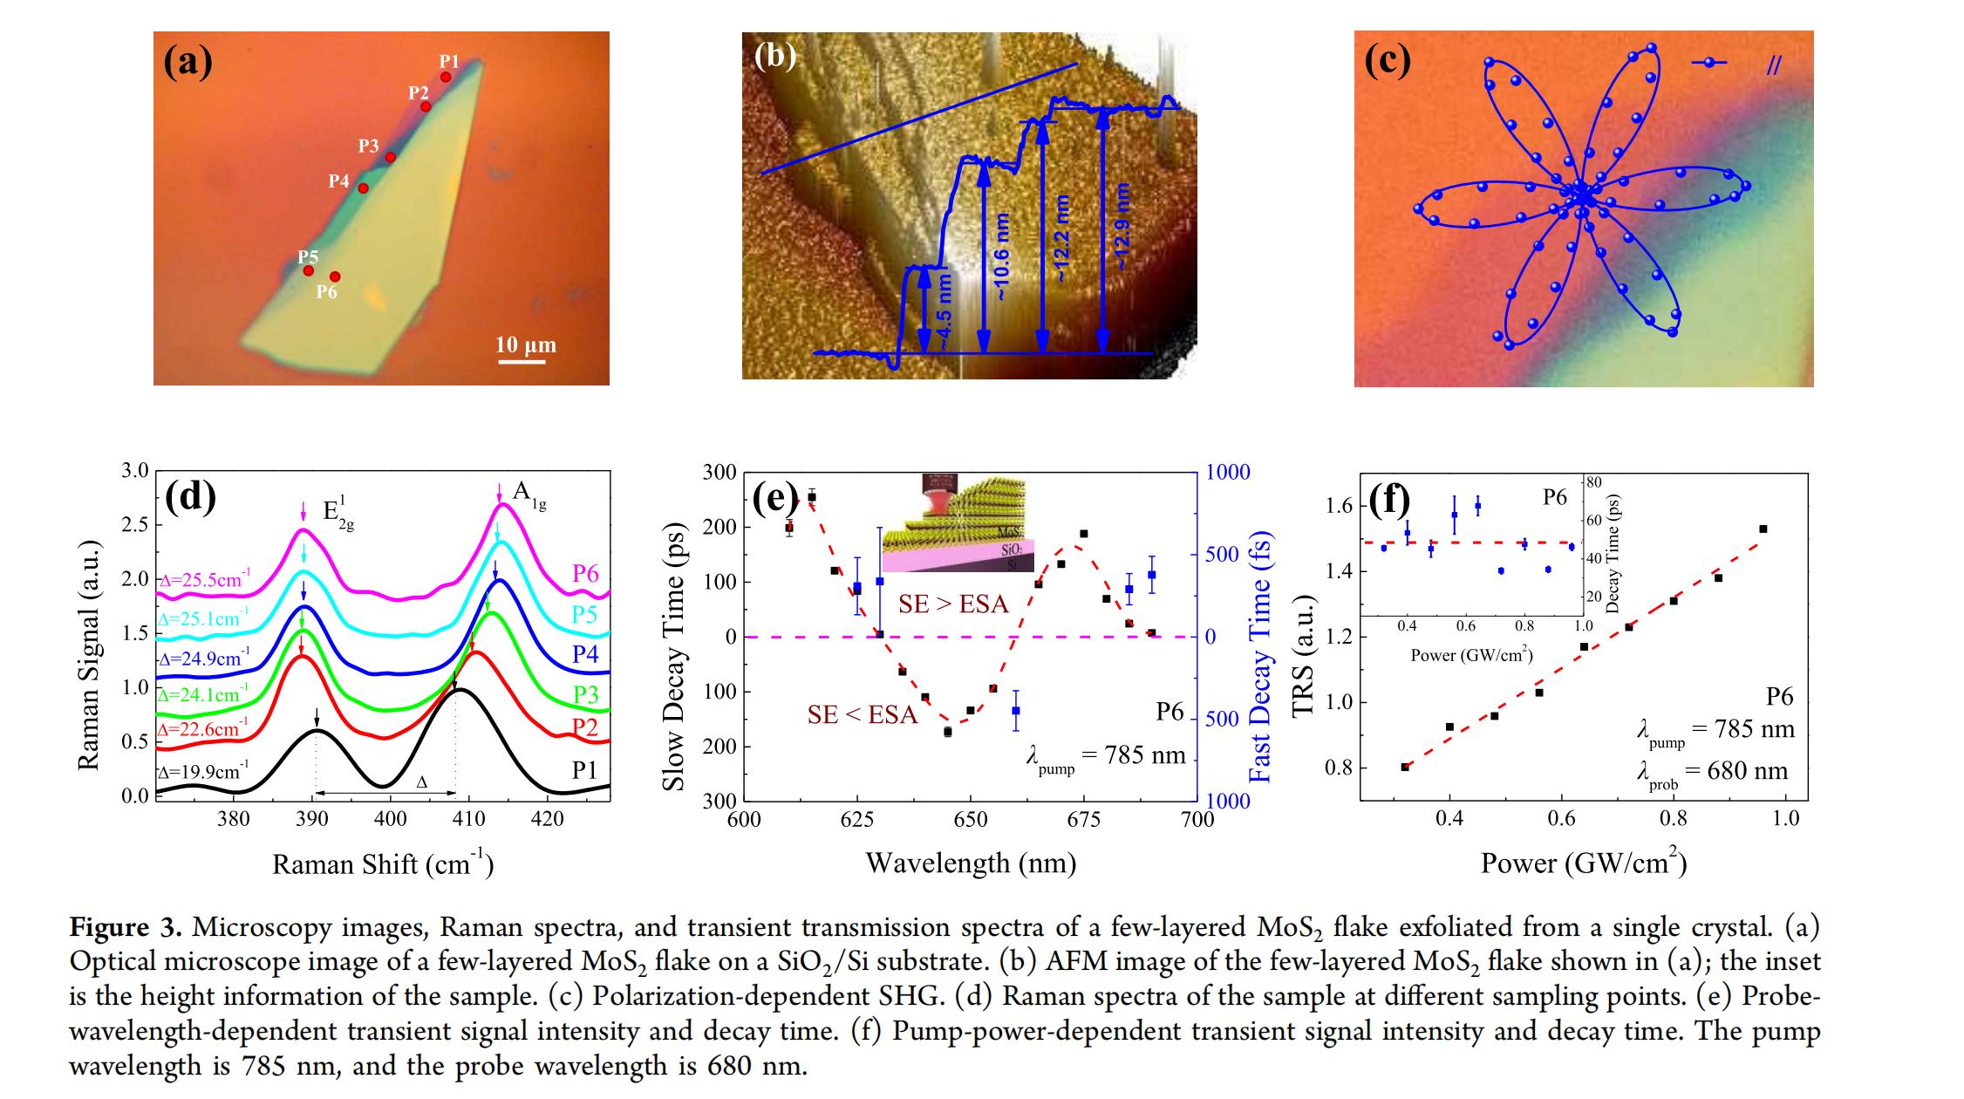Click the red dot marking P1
pyautogui.click(x=446, y=77)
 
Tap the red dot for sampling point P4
pyautogui.click(x=363, y=188)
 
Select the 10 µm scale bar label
pyautogui.click(x=526, y=345)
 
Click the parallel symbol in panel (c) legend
pyautogui.click(x=1774, y=65)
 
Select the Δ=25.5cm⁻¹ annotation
pyautogui.click(x=204, y=579)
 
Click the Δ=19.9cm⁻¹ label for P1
pyautogui.click(x=204, y=772)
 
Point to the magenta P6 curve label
pyautogui.click(x=585, y=573)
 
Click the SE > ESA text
pyautogui.click(x=953, y=604)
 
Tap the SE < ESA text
pyautogui.click(x=863, y=715)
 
